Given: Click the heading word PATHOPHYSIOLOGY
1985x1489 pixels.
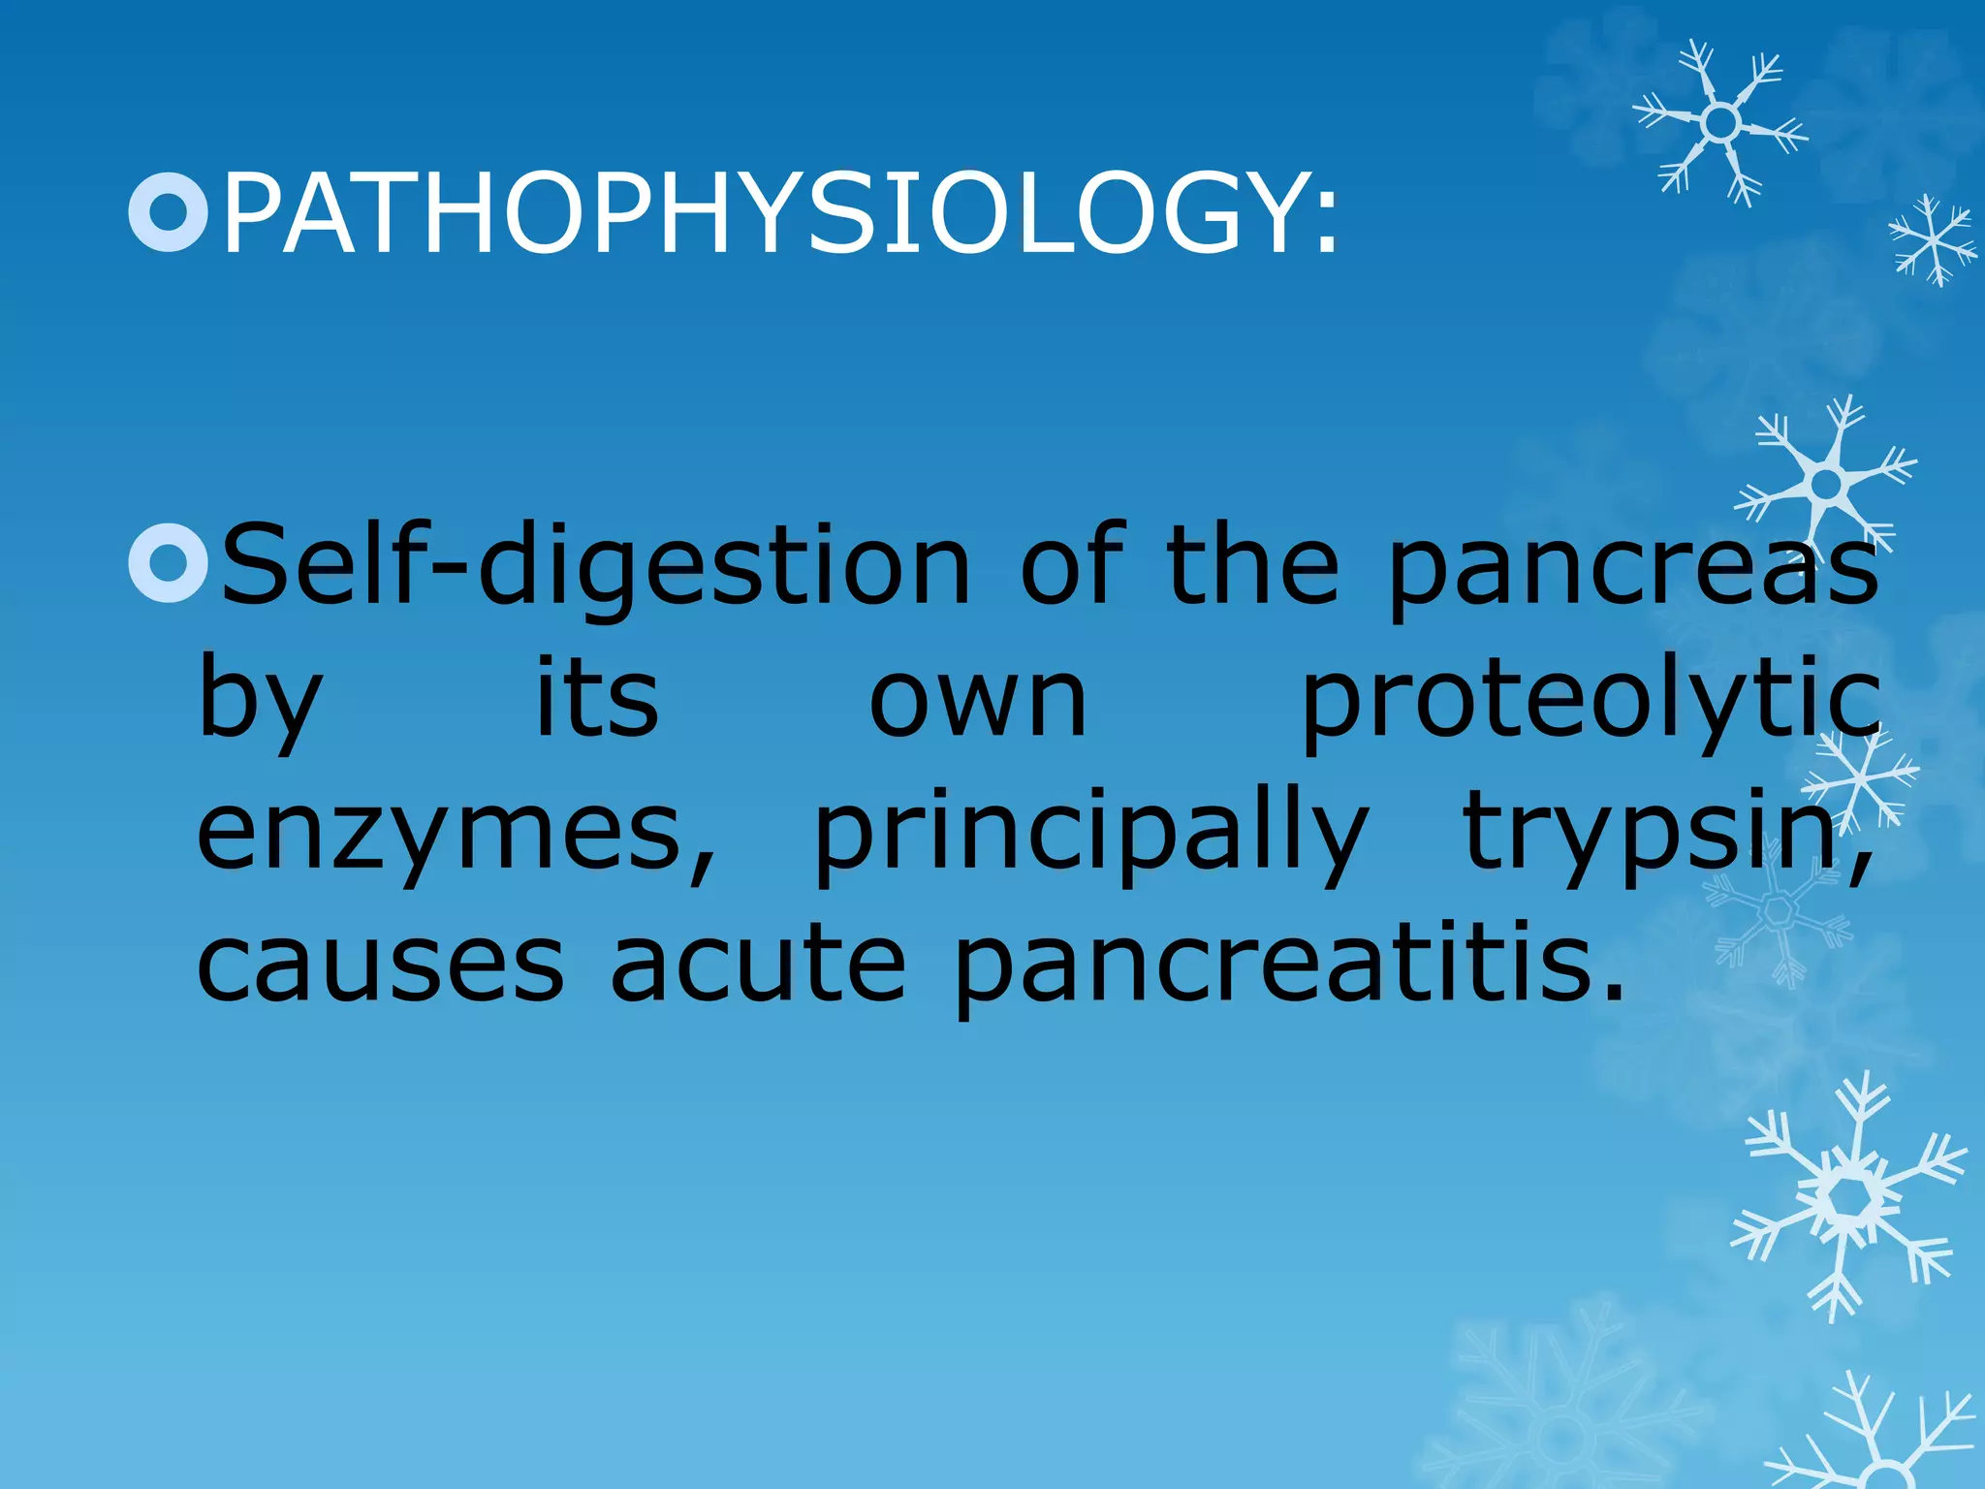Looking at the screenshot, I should pos(766,213).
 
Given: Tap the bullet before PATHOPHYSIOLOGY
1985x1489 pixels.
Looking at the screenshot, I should pos(169,212).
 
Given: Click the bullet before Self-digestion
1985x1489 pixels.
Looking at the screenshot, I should pos(169,564).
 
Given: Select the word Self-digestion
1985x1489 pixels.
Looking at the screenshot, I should pos(595,567).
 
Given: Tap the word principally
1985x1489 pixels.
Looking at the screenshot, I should pos(1091,834).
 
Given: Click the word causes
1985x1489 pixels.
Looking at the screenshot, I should pos(380,966).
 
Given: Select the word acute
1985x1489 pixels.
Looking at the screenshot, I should pos(758,966).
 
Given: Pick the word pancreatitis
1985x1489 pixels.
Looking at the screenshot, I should pos(1270,966).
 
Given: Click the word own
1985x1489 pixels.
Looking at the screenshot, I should pos(978,702).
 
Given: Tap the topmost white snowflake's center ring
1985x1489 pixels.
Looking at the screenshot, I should pos(1721,123).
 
